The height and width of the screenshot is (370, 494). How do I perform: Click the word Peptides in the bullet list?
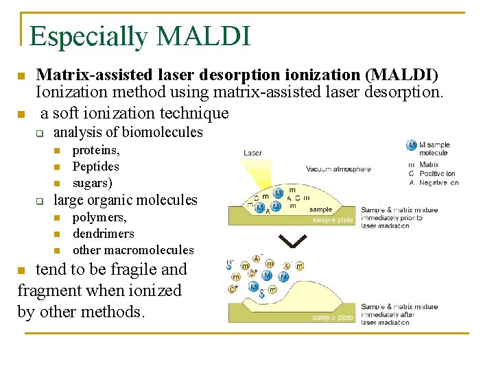pyautogui.click(x=95, y=166)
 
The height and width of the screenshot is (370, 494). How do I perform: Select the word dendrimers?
pyautogui.click(x=103, y=234)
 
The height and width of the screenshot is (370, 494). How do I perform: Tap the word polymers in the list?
pyautogui.click(x=99, y=217)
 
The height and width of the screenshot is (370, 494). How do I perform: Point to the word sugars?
pyautogui.click(x=92, y=183)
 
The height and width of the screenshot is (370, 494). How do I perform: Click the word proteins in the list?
pyautogui.click(x=96, y=150)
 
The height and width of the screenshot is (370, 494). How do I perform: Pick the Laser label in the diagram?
pyautogui.click(x=252, y=153)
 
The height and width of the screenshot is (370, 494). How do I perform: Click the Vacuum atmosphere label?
pyautogui.click(x=338, y=169)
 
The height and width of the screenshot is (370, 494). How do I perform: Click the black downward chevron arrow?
pyautogui.click(x=292, y=242)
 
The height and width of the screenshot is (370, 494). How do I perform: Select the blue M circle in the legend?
pyautogui.click(x=412, y=145)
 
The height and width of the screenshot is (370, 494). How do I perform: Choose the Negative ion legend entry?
pyautogui.click(x=438, y=183)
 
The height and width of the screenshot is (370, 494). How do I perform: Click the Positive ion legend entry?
pyautogui.click(x=437, y=174)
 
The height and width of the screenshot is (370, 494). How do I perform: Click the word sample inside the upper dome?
pyautogui.click(x=320, y=210)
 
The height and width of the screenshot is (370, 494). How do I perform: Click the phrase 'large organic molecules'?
pyautogui.click(x=126, y=200)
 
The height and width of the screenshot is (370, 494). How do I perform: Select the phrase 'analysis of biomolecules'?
pyautogui.click(x=128, y=132)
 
